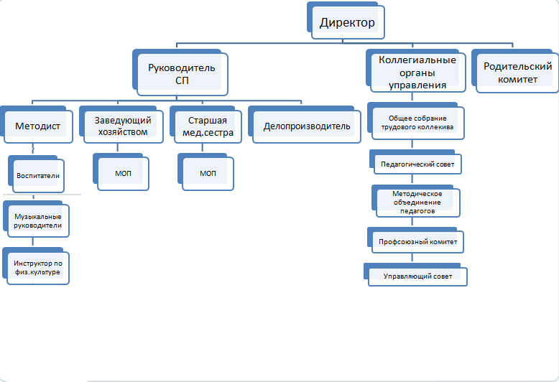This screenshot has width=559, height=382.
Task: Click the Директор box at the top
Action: pyautogui.click(x=347, y=23)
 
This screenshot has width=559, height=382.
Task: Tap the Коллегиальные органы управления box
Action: pyautogui.click(x=417, y=72)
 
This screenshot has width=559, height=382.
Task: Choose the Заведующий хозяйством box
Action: pyautogui.click(x=122, y=126)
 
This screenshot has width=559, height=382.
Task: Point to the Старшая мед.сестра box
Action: pyautogui.click(x=206, y=126)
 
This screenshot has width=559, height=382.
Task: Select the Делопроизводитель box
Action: pyautogui.click(x=307, y=126)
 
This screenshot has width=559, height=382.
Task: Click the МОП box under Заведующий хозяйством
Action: pyautogui.click(x=122, y=174)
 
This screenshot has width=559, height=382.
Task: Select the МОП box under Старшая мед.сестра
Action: pyautogui.click(x=208, y=174)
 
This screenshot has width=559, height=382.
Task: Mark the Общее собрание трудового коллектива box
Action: pyautogui.click(x=417, y=123)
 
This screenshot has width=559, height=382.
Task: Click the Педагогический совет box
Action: pyautogui.click(x=417, y=164)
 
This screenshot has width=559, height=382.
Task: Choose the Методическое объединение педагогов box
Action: pyautogui.click(x=417, y=202)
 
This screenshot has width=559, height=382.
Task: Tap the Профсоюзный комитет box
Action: pyautogui.click(x=418, y=242)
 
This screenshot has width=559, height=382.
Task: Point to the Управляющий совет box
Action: pyautogui.click(x=418, y=276)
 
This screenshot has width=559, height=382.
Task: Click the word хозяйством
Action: pyautogui.click(x=122, y=132)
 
